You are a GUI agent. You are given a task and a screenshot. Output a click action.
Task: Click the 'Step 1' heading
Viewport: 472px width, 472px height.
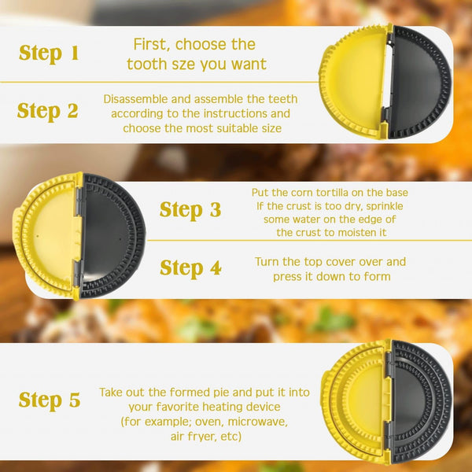49,53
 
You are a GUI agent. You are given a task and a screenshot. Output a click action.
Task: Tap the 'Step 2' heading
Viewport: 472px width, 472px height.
49,111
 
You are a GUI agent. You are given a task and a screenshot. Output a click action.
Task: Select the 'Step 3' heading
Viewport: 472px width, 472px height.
190,210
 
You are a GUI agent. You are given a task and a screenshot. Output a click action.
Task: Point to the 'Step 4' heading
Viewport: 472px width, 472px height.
190,267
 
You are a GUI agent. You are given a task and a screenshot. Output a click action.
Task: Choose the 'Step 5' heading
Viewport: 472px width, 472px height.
49,400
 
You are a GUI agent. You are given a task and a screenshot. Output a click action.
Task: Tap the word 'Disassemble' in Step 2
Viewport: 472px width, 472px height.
135,99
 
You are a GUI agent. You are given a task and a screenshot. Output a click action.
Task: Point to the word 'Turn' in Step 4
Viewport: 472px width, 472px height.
268,262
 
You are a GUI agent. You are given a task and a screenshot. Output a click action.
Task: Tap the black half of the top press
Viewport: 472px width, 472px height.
420,83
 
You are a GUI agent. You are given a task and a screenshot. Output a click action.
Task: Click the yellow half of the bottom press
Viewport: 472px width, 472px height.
358,401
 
